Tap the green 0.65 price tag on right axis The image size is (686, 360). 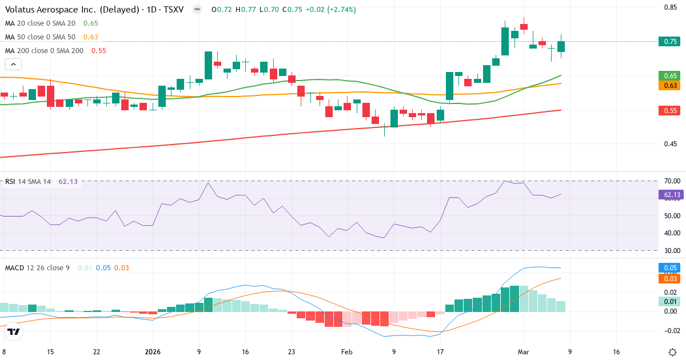pyautogui.click(x=671, y=75)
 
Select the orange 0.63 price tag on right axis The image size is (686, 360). pyautogui.click(x=671, y=85)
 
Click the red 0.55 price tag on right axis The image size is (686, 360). pyautogui.click(x=671, y=110)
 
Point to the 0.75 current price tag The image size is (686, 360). pyautogui.click(x=671, y=41)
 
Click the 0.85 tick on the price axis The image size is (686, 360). pyautogui.click(x=671, y=7)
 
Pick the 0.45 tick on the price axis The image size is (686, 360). pyautogui.click(x=671, y=143)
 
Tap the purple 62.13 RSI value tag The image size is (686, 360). pyautogui.click(x=672, y=195)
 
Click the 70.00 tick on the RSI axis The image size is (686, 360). pyautogui.click(x=672, y=181)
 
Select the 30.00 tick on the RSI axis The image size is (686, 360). pyautogui.click(x=672, y=250)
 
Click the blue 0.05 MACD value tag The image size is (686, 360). pyautogui.click(x=671, y=267)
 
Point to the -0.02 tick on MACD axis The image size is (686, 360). pyautogui.click(x=671, y=330)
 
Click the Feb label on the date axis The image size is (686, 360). pyautogui.click(x=347, y=352)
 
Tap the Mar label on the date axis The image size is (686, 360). pyautogui.click(x=524, y=352)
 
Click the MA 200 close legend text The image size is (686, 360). pyautogui.click(x=44, y=50)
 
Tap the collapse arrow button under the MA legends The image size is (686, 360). pyautogui.click(x=13, y=65)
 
